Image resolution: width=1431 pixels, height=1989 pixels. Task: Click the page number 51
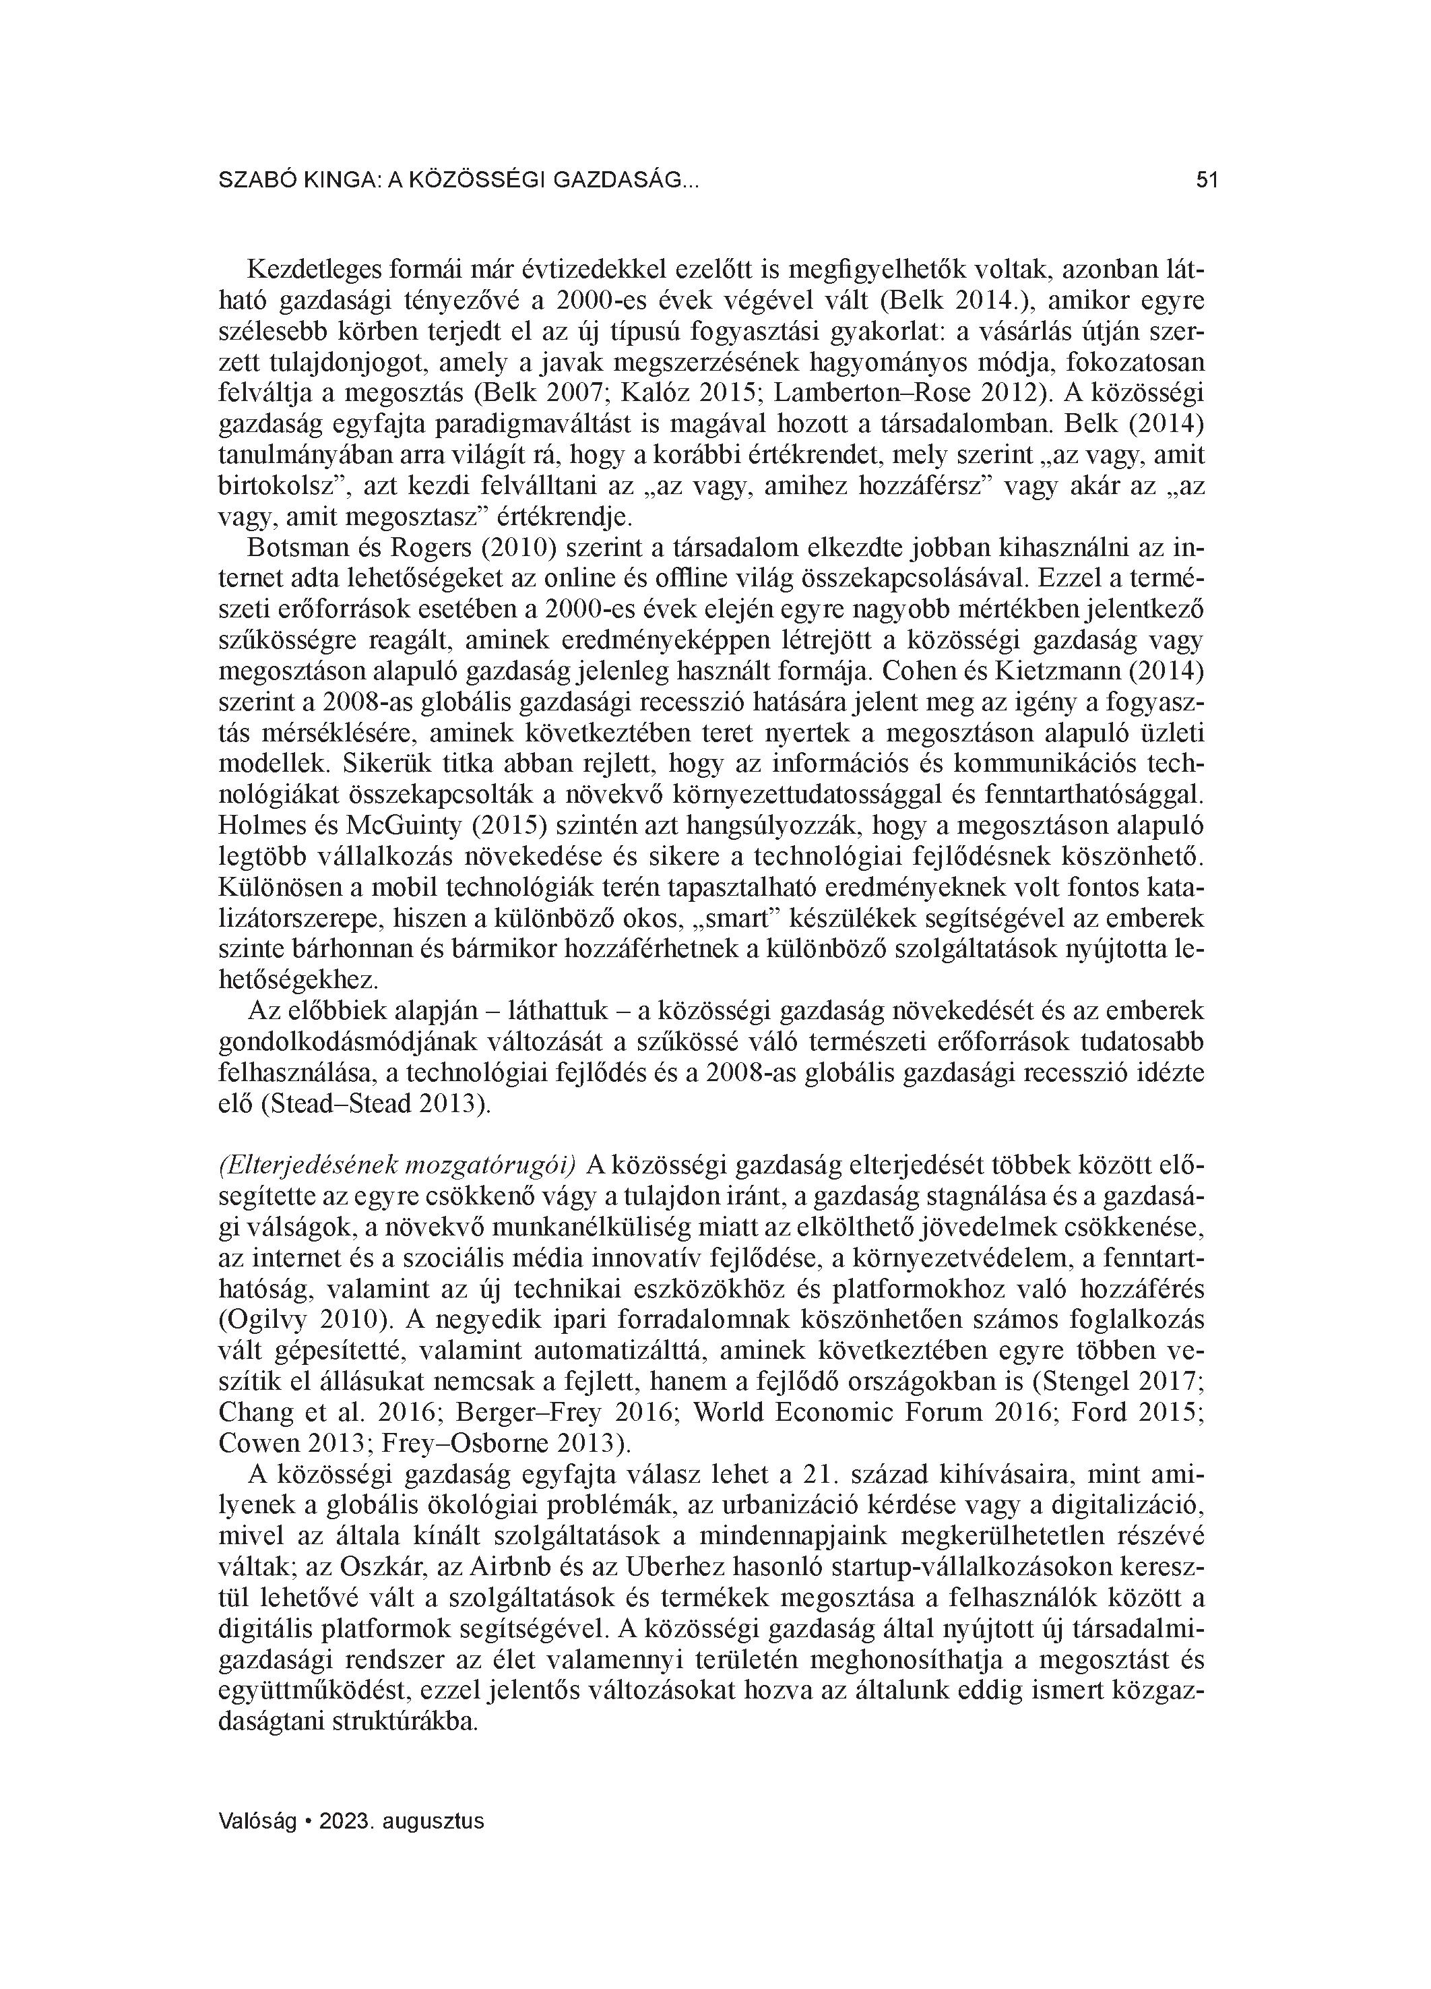[1207, 181]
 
